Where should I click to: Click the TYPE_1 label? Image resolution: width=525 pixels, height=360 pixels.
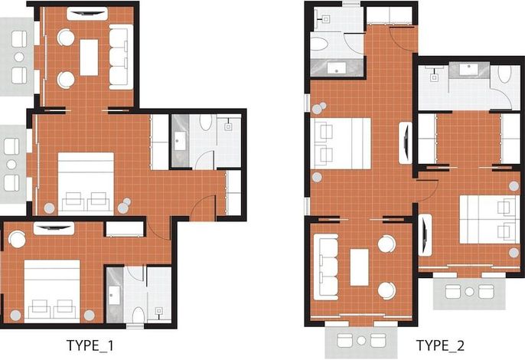click(90, 345)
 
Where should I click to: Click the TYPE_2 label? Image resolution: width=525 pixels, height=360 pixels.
click(440, 345)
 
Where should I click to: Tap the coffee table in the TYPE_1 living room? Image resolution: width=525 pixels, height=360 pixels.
click(89, 57)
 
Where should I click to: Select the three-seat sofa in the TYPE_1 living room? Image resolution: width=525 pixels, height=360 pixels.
click(121, 57)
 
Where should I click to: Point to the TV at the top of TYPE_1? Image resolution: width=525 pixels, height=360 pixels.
click(87, 14)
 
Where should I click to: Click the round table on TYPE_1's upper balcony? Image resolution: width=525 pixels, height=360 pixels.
click(19, 57)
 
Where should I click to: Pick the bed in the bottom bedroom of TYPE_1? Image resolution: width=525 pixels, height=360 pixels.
click(52, 291)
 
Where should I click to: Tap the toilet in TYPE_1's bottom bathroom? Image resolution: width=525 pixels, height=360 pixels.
click(138, 315)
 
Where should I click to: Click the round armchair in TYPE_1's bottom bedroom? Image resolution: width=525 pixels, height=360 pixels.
click(17, 239)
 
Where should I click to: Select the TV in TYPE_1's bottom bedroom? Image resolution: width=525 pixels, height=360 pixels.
click(54, 228)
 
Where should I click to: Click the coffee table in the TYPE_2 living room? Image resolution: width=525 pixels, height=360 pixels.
click(359, 267)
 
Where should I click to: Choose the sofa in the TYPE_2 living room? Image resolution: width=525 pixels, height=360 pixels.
click(326, 267)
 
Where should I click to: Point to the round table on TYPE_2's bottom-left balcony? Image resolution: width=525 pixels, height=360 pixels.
click(361, 341)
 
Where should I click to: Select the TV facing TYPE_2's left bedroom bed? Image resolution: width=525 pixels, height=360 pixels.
click(406, 142)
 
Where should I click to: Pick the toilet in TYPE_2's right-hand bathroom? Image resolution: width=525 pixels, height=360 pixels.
click(505, 74)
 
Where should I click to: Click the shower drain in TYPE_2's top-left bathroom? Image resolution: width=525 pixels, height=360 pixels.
click(325, 20)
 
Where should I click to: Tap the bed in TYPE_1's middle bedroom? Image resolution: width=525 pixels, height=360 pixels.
click(86, 184)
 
